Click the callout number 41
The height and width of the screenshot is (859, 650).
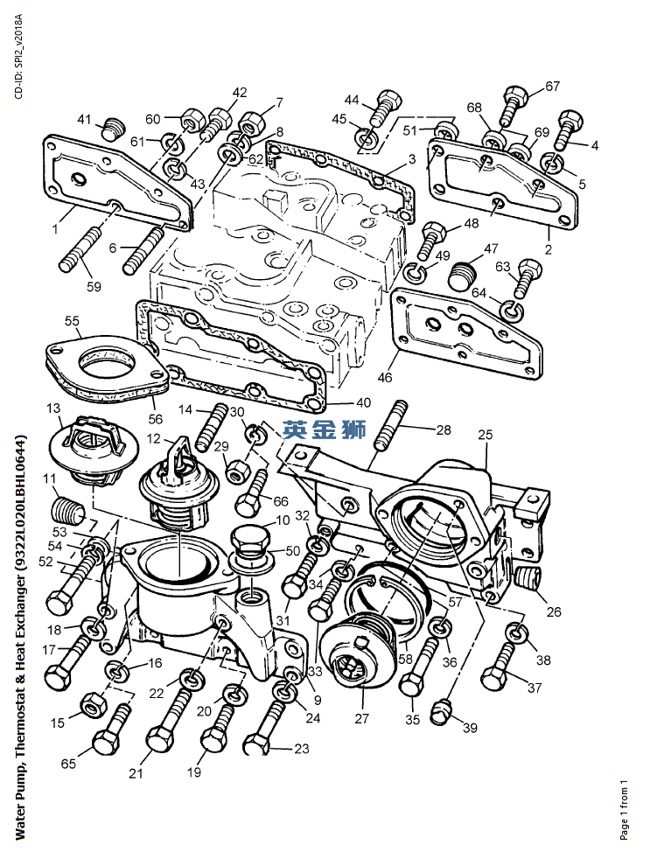coord(85,119)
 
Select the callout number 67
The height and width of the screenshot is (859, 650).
coord(552,86)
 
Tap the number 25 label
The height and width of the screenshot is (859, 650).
coord(485,434)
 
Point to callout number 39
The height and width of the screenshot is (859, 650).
coord(470,728)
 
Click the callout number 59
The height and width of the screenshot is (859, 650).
coord(93,285)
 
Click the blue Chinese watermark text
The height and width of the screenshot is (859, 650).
coord(321,430)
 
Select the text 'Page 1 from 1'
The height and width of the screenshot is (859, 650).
coord(624,809)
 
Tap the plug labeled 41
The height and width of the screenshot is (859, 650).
coord(110,128)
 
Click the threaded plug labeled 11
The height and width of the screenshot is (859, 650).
coord(67,506)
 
